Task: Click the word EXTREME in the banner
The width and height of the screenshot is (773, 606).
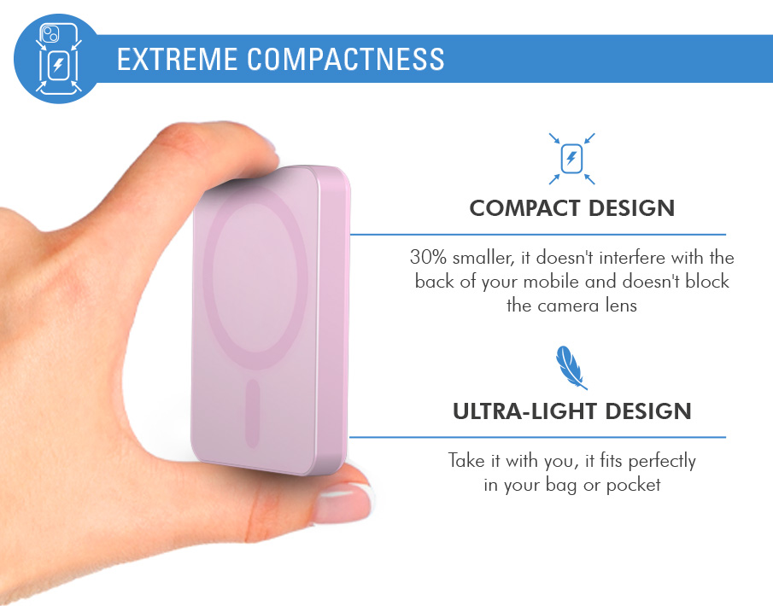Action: tap(177, 59)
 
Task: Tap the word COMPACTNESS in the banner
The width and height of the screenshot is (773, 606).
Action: tap(346, 59)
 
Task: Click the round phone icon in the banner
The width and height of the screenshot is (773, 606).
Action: tap(58, 59)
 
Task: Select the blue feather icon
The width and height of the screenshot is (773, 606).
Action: tap(571, 368)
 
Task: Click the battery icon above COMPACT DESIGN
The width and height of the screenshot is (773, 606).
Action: tap(572, 159)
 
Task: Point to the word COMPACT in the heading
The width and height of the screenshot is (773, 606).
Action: tap(524, 208)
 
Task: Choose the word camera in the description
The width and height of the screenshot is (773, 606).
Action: tap(569, 306)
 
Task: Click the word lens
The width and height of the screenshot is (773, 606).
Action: tap(621, 306)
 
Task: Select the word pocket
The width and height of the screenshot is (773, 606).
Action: tap(633, 486)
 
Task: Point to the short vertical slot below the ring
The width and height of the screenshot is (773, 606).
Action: tap(253, 413)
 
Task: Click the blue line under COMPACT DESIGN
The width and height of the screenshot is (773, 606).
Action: tap(538, 235)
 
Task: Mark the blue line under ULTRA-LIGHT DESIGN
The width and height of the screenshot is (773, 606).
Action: tap(538, 437)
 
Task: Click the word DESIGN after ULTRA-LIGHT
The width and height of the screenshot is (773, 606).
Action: tap(648, 411)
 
